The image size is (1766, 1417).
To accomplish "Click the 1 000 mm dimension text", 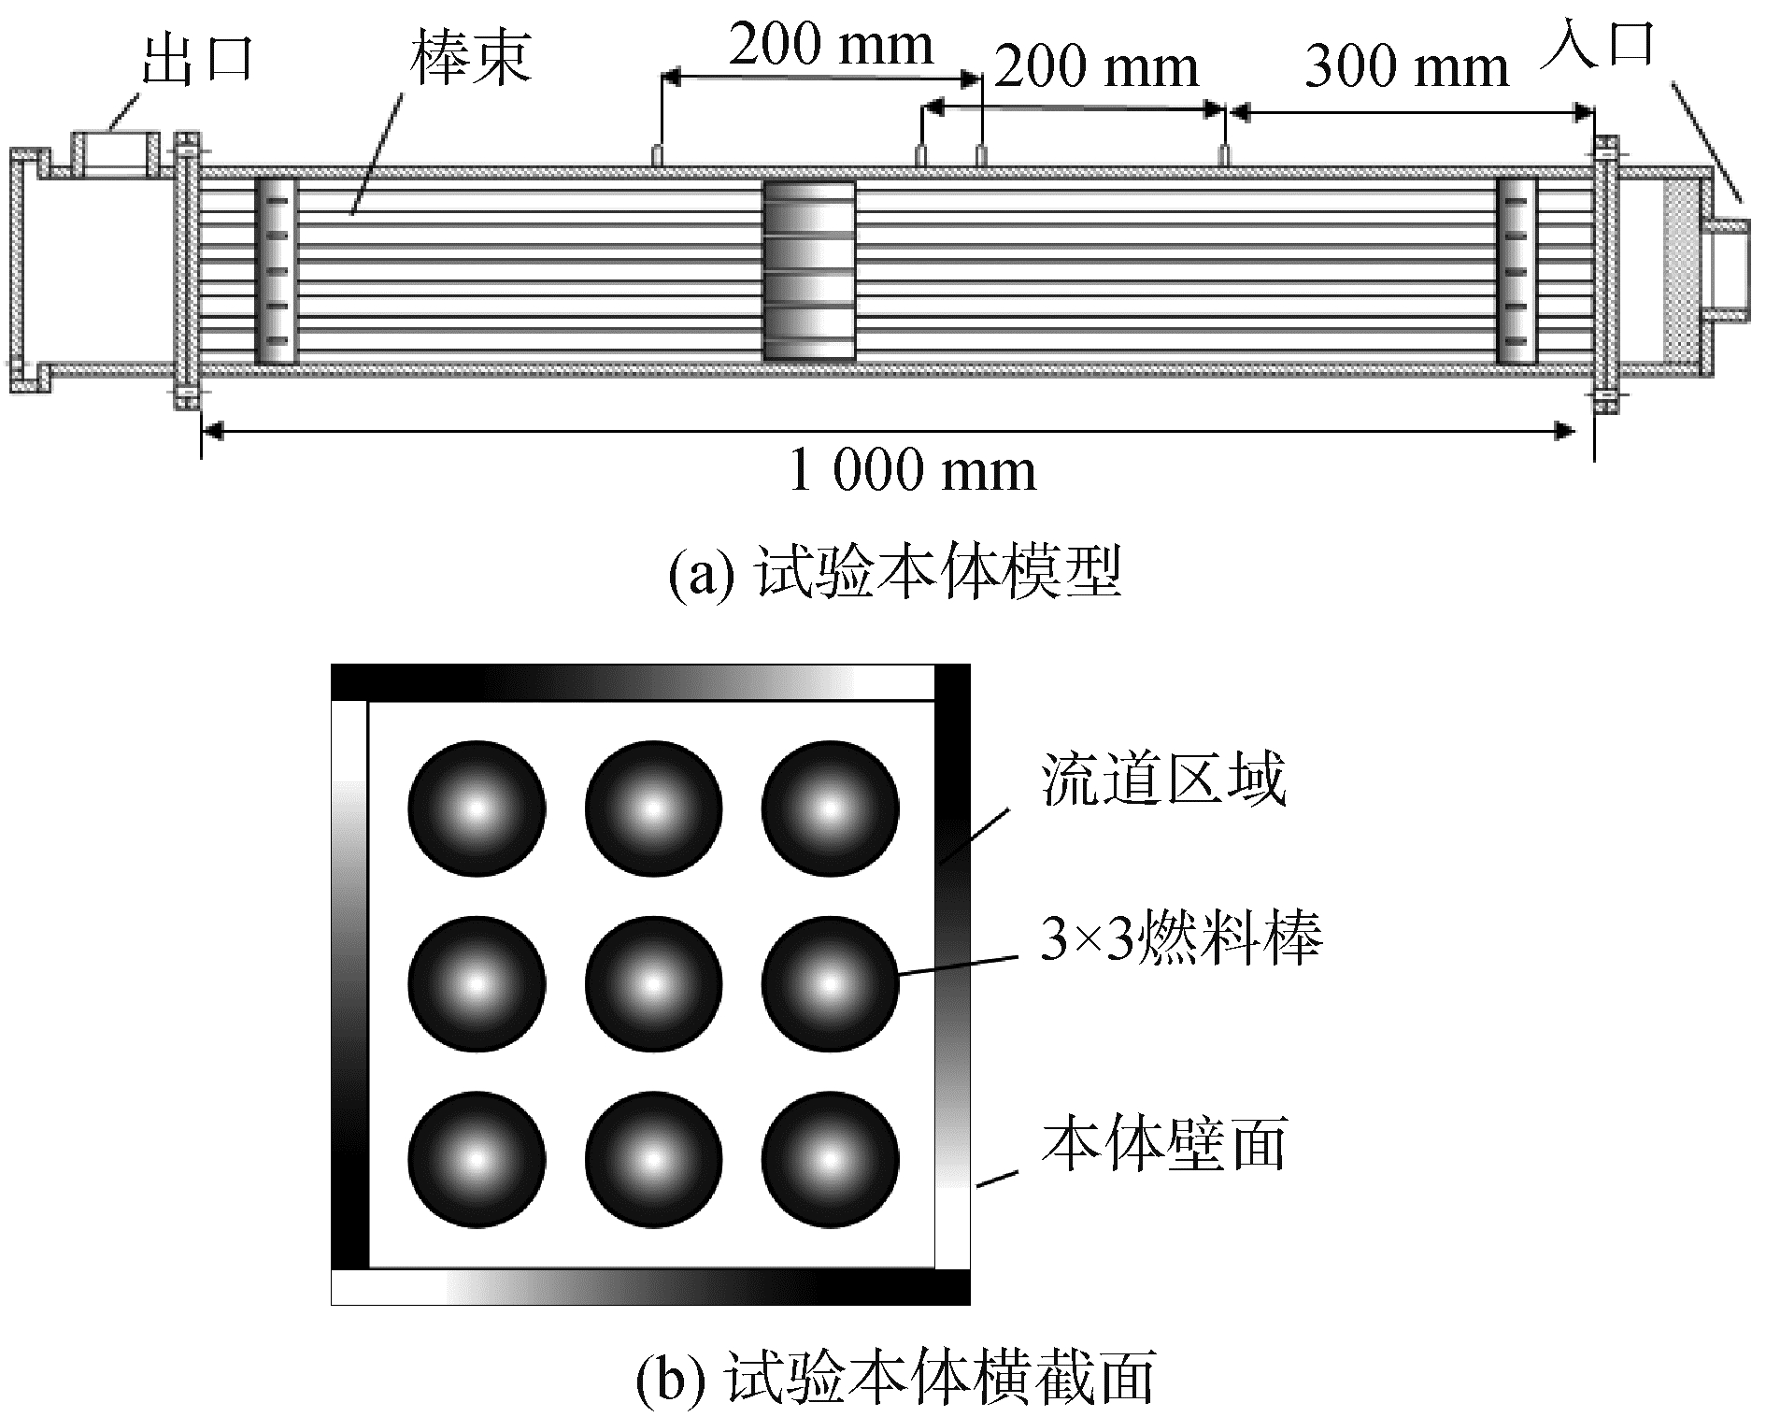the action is click(x=912, y=470).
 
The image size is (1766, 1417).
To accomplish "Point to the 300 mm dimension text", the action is click(x=1406, y=67).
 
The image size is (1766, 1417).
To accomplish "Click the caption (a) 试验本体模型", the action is click(x=894, y=573).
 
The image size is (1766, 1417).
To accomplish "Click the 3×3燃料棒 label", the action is click(x=1181, y=938).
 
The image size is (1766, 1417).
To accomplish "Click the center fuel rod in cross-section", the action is click(x=653, y=984).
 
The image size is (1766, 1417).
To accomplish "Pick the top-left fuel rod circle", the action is click(x=477, y=809).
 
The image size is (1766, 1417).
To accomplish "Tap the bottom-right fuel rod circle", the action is click(x=830, y=1160).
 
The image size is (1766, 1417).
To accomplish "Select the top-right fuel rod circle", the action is click(x=830, y=809).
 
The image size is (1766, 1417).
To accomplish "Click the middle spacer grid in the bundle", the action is click(x=809, y=271).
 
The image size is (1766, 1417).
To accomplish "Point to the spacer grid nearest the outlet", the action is click(x=276, y=271).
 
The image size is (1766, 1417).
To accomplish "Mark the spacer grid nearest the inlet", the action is click(x=1516, y=271).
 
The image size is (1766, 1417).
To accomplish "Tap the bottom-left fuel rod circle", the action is click(x=477, y=1160).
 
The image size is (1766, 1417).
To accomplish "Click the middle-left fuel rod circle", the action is click(x=477, y=984).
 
